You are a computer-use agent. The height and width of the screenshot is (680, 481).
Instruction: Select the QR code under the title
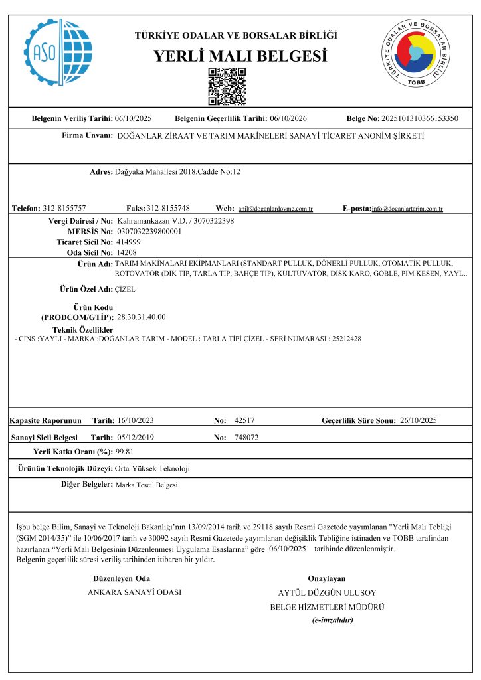pyautogui.click(x=227, y=86)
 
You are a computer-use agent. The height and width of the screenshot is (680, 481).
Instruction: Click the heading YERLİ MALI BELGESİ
pyautogui.click(x=241, y=56)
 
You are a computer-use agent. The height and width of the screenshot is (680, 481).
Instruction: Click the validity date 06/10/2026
pyautogui.click(x=288, y=118)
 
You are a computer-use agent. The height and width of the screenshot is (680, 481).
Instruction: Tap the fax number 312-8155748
pyautogui.click(x=168, y=208)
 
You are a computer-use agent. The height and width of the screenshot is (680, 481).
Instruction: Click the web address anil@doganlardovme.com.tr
pyautogui.click(x=275, y=209)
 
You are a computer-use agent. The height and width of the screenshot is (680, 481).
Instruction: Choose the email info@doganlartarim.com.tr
pyautogui.click(x=407, y=209)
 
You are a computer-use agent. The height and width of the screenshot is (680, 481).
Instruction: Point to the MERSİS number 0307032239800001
pyautogui.click(x=149, y=231)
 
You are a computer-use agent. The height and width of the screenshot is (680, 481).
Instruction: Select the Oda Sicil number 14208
pyautogui.click(x=126, y=252)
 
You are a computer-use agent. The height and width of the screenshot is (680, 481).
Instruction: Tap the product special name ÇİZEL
pyautogui.click(x=126, y=290)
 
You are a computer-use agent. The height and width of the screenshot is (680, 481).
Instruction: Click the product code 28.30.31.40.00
pyautogui.click(x=142, y=317)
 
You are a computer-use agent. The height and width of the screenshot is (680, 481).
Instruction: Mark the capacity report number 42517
pyautogui.click(x=245, y=420)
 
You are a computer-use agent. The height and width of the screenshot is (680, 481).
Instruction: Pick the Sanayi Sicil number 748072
pyautogui.click(x=246, y=438)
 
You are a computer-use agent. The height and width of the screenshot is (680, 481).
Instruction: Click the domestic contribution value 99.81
pyautogui.click(x=125, y=452)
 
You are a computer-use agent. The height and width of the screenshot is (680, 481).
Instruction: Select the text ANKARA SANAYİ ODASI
pyautogui.click(x=135, y=592)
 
